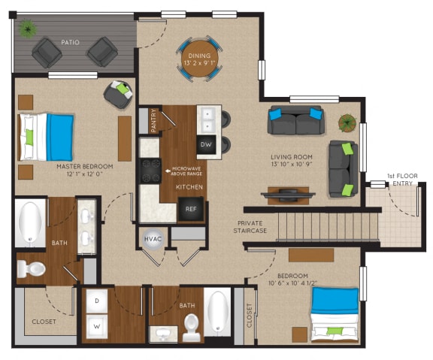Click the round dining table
tap(200, 58)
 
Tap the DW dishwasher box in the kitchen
tap(206, 145)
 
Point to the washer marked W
tap(97, 327)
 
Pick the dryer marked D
tap(97, 301)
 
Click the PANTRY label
tap(153, 121)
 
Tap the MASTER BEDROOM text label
tap(84, 166)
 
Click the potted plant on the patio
tap(29, 30)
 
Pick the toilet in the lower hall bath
tap(191, 328)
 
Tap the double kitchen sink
tap(207, 118)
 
